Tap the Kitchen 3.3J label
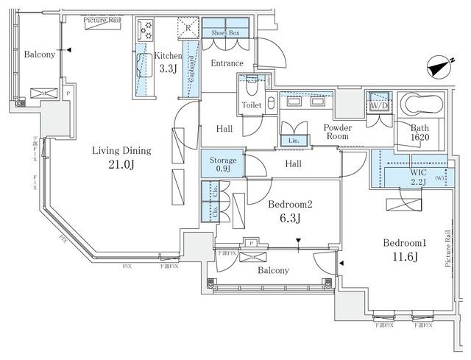(169, 63)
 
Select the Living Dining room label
(121, 157)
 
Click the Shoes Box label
(224, 32)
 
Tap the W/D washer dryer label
(380, 105)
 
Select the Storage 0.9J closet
(223, 164)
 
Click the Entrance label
(227, 63)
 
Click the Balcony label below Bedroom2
(272, 270)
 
